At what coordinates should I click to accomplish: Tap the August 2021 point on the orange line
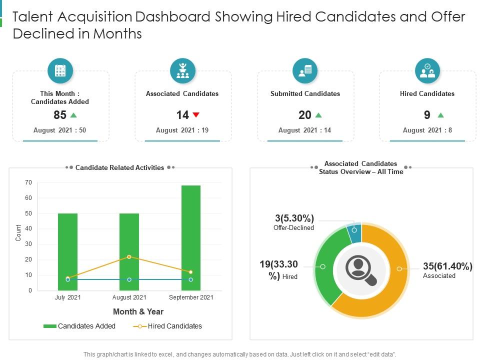129,256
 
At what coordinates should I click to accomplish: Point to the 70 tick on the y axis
28,182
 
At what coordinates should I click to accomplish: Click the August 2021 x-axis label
129,297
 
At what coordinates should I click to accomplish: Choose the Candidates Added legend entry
79,326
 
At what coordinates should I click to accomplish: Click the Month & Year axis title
138,311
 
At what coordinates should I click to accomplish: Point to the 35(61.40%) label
447,266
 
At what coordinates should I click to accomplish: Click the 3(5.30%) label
294,218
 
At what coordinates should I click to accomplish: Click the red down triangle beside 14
196,115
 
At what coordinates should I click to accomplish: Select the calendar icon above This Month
60,70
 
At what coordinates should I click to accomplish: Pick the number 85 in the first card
60,115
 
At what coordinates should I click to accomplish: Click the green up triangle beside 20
318,115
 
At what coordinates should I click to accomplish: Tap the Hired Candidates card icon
427,70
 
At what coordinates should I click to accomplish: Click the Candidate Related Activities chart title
119,167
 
